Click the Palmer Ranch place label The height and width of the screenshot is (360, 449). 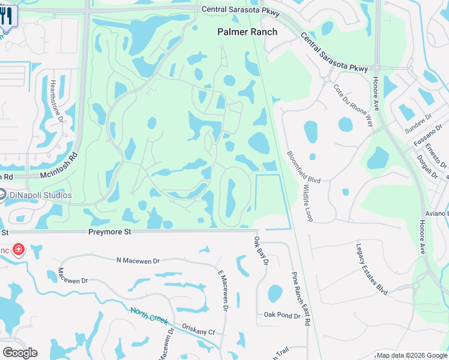pyautogui.click(x=247, y=32)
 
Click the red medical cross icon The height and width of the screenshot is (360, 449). pyautogui.click(x=19, y=249)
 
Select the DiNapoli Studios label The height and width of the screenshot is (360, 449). pyautogui.click(x=40, y=195)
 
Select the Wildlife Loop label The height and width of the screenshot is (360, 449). pyautogui.click(x=309, y=203)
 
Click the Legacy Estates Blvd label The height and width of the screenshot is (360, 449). pyautogui.click(x=372, y=266)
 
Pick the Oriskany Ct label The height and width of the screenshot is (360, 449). pyautogui.click(x=199, y=332)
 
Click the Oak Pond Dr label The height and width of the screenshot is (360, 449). pyautogui.click(x=282, y=315)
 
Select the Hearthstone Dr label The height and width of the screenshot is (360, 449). pyautogui.click(x=58, y=101)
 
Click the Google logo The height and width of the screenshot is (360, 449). pyautogui.click(x=20, y=353)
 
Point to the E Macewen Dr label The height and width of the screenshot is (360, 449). pyautogui.click(x=223, y=290)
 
